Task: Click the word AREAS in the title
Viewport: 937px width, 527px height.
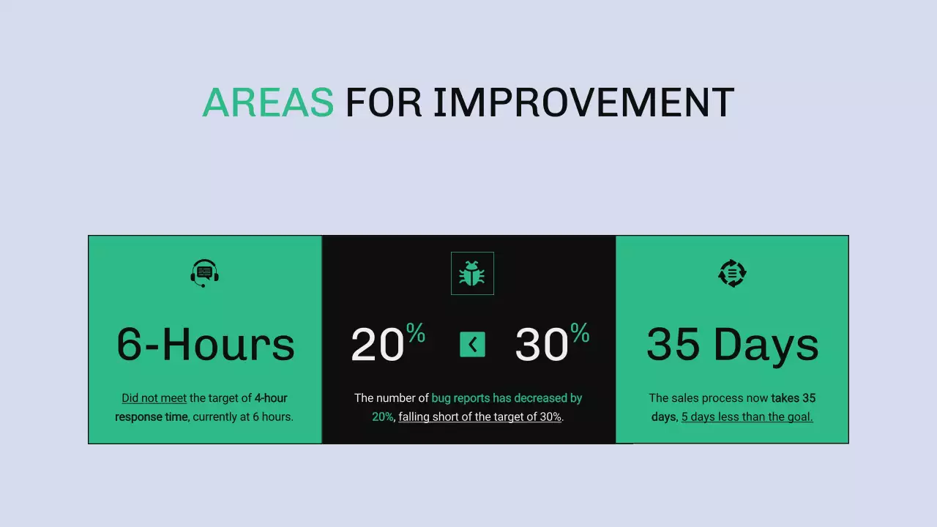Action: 268,102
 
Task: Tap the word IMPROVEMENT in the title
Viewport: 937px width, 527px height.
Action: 583,102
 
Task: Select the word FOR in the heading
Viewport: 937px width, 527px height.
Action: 383,102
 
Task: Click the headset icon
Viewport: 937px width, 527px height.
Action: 205,273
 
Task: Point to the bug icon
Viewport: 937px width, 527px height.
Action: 472,274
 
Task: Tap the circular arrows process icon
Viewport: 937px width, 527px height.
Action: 732,273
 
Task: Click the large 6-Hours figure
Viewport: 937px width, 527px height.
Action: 206,344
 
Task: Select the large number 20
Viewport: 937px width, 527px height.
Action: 378,345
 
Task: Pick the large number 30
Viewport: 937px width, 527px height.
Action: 542,345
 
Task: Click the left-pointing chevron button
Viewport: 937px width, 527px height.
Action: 472,344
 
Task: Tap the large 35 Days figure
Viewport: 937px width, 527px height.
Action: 732,344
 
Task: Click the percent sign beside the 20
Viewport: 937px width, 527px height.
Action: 416,334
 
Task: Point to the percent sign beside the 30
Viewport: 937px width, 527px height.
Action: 580,334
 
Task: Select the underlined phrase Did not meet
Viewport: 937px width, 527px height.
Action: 154,398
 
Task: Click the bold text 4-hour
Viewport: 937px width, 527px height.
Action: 271,398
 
